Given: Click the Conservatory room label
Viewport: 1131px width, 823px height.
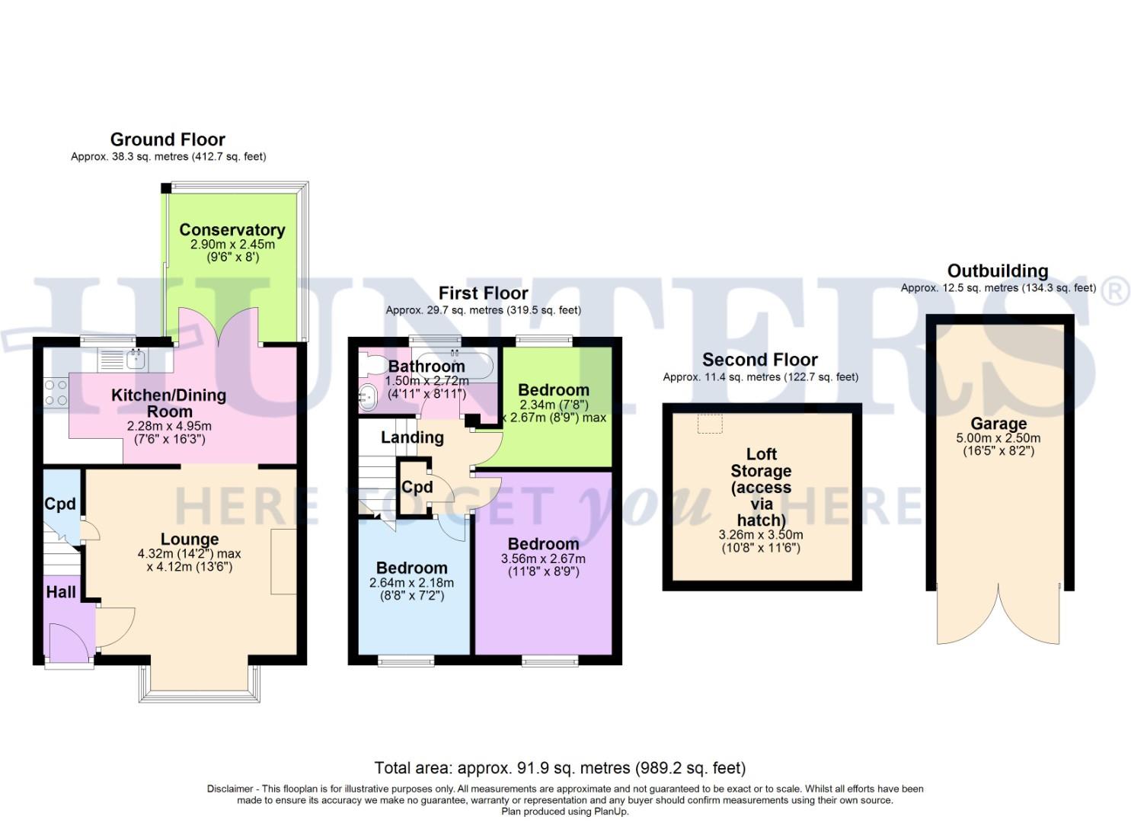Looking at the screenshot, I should click(x=232, y=230).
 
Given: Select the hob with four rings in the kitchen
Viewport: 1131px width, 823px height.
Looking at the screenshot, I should click(x=56, y=392).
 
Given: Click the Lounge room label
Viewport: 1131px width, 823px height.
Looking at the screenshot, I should click(x=190, y=540).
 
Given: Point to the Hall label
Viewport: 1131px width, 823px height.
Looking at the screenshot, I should click(x=61, y=592).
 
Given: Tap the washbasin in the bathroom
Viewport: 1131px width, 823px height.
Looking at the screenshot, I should click(x=368, y=395).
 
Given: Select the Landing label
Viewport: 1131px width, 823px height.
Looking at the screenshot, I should click(x=412, y=437).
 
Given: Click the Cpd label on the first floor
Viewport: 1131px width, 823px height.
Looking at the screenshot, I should click(x=417, y=488).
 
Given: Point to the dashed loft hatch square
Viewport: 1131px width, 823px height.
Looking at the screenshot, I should click(x=710, y=424).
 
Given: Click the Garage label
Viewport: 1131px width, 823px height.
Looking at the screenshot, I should click(x=998, y=424).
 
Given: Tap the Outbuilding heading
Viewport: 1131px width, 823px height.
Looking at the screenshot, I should click(x=997, y=271).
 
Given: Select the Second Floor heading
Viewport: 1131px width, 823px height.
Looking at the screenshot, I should click(x=759, y=360).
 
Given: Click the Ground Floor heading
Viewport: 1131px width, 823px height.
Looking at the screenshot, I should click(x=168, y=139).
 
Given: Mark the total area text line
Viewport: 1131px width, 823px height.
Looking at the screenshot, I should click(x=560, y=767).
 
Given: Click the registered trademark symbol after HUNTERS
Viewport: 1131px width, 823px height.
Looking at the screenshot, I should click(x=1116, y=292).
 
